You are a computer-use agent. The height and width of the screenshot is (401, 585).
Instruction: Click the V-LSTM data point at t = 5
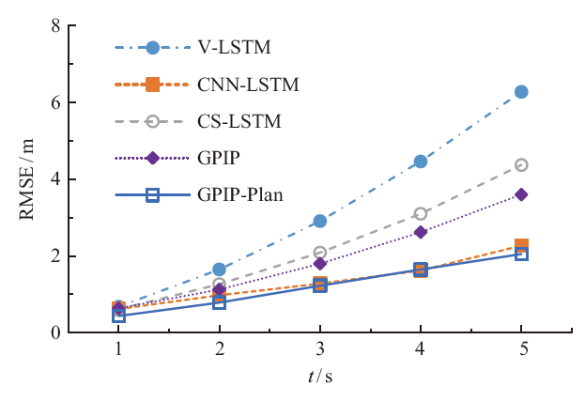tap(521, 92)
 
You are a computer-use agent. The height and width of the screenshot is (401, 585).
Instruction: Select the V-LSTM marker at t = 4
tap(421, 162)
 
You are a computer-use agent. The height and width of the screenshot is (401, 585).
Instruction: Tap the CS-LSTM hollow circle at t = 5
tap(521, 165)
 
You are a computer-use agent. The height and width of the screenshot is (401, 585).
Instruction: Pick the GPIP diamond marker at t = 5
tap(521, 194)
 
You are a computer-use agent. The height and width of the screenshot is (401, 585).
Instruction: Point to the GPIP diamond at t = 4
tap(421, 232)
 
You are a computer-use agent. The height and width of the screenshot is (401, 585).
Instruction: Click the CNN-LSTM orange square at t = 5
tap(521, 245)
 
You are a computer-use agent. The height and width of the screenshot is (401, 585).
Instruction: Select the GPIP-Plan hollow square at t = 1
tap(119, 316)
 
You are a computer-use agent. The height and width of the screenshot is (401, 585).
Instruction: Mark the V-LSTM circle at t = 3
tap(320, 221)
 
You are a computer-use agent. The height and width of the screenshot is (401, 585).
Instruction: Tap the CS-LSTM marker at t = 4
tap(421, 214)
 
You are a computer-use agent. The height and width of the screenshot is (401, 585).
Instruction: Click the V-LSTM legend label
tap(228, 46)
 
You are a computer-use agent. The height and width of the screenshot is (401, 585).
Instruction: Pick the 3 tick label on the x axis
tap(320, 349)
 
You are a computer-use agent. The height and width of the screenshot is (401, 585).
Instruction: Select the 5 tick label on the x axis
tap(521, 349)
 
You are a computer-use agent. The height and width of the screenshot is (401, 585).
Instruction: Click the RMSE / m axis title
tap(31, 178)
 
